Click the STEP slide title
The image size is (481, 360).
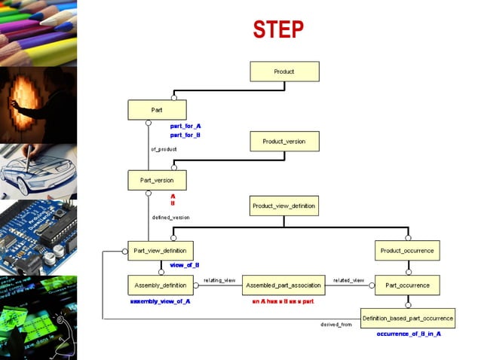(x=278, y=30)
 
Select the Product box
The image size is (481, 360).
(x=284, y=72)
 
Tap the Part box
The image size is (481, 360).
(x=157, y=110)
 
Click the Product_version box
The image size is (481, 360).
(x=284, y=141)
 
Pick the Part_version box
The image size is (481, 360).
(x=157, y=180)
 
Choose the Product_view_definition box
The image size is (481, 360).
(x=284, y=205)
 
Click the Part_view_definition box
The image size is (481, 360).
(x=160, y=251)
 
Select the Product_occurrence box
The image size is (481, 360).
(x=407, y=251)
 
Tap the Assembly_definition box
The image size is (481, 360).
(x=161, y=285)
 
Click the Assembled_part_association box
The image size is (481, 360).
(x=283, y=285)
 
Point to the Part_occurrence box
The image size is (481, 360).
(x=407, y=285)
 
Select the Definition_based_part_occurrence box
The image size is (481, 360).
(x=407, y=319)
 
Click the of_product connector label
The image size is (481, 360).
(x=164, y=149)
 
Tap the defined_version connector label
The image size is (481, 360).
(x=171, y=217)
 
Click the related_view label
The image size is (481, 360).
(x=349, y=280)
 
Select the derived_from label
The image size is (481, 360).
(x=336, y=325)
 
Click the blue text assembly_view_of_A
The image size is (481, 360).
(x=160, y=301)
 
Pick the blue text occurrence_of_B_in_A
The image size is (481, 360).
(x=409, y=333)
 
